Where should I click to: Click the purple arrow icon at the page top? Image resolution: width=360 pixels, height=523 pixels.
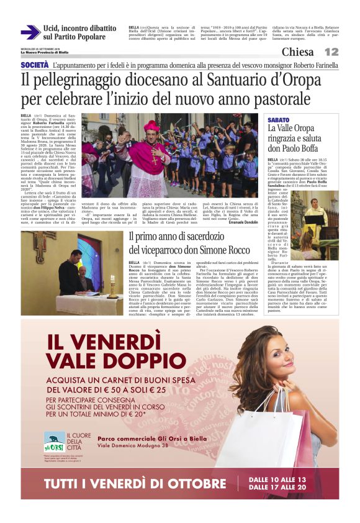[30, 33]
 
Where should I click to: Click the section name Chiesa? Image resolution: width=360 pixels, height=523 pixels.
[297, 52]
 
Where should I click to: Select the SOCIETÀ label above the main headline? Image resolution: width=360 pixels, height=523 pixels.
[35, 65]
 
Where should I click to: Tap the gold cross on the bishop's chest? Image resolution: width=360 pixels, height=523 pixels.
[153, 159]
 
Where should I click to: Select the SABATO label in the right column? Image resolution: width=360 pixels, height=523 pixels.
[278, 119]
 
